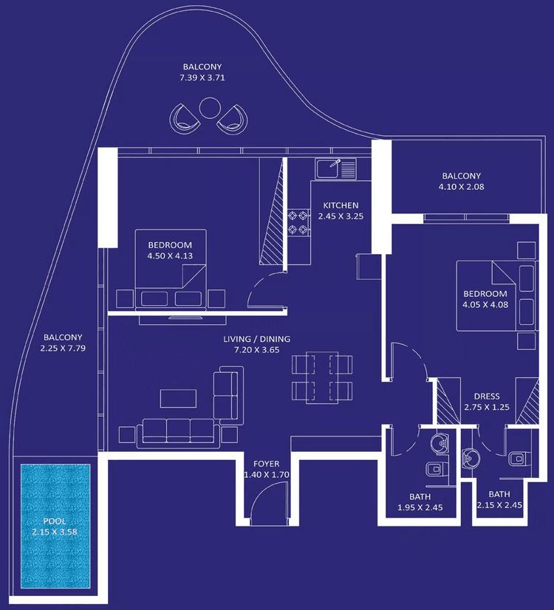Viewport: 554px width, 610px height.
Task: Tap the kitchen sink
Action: pos(336,169)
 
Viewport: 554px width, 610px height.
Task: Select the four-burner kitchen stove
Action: pos(298,222)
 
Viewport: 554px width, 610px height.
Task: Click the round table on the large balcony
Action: pos(209,109)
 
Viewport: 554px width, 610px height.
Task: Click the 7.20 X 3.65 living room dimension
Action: pos(257,351)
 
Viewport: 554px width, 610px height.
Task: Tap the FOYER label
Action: pos(266,464)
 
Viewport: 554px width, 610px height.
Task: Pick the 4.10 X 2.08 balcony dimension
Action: pos(462,187)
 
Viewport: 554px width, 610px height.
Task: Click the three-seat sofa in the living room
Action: pos(178,431)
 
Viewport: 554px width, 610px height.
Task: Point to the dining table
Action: pos(322,377)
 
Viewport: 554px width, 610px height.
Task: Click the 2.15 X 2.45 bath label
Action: pos(499,505)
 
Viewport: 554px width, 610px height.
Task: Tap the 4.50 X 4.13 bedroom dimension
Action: pos(170,256)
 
